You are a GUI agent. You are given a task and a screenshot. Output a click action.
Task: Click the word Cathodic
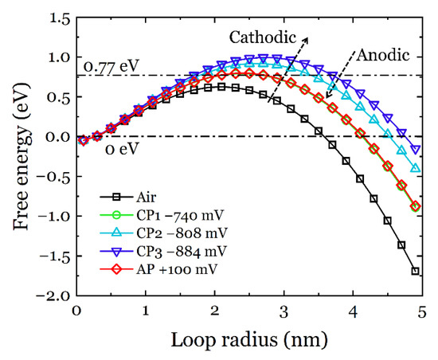point(262,37)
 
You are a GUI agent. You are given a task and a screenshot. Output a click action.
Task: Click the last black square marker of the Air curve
point(415,272)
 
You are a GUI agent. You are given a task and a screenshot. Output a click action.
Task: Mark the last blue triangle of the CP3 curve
point(415,149)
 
